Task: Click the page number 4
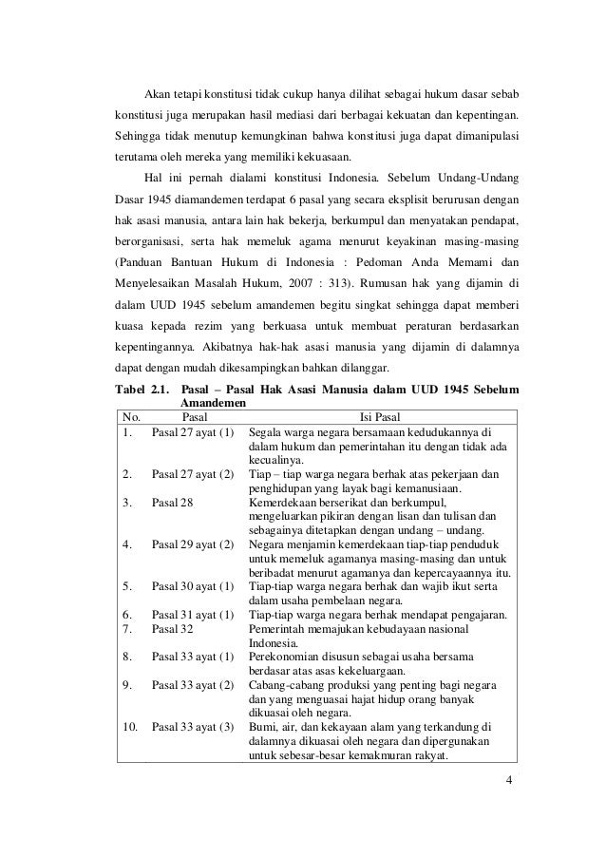coord(510,781)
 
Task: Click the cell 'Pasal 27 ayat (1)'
coord(193,433)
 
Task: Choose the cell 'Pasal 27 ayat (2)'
coord(193,472)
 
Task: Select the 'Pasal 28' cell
coord(173,503)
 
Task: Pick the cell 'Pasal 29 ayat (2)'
coord(193,544)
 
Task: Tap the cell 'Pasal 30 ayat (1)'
coord(193,587)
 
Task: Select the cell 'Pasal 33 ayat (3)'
coord(193,728)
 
